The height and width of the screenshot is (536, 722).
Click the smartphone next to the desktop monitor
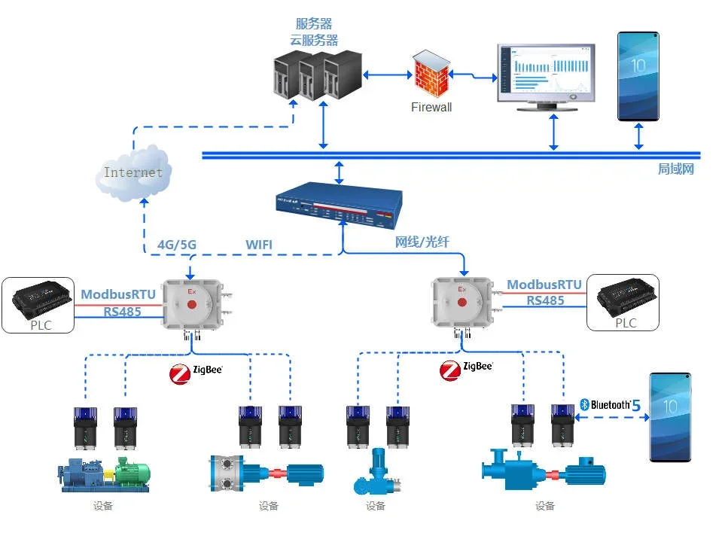(638, 76)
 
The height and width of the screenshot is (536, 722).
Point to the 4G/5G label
(177, 245)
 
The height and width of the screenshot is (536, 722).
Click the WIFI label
(259, 245)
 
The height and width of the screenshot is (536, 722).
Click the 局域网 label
(675, 169)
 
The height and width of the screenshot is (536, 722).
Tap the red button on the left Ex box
(191, 305)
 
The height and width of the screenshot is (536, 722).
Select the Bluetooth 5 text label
(610, 405)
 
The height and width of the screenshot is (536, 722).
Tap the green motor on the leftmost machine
(132, 473)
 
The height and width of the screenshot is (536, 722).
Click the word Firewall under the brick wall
(431, 107)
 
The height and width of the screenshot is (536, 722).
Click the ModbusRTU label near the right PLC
(544, 285)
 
